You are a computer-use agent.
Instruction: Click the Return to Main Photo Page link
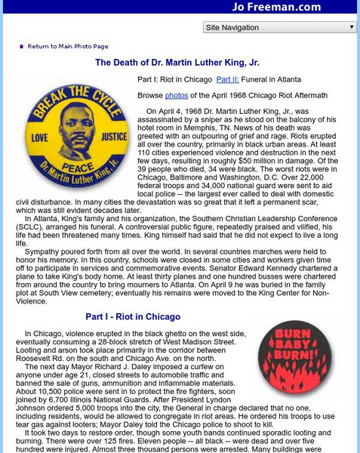(68, 46)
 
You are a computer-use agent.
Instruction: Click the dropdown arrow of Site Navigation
(351, 27)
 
